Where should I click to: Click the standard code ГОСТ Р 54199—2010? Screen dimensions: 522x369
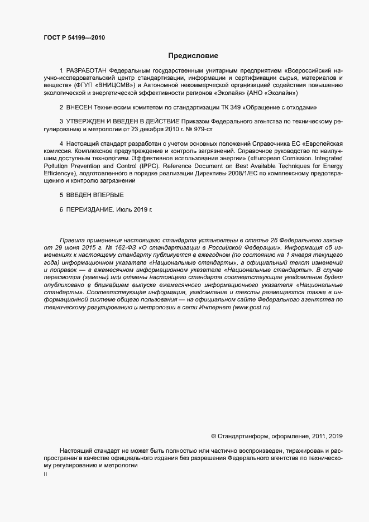pos(74,39)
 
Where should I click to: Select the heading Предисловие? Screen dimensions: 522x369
pos(193,56)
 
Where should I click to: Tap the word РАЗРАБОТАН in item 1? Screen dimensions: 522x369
pos(87,71)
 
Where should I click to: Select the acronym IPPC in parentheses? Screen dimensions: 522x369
pos(148,166)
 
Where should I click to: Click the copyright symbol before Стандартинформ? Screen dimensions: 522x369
pos(213,436)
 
